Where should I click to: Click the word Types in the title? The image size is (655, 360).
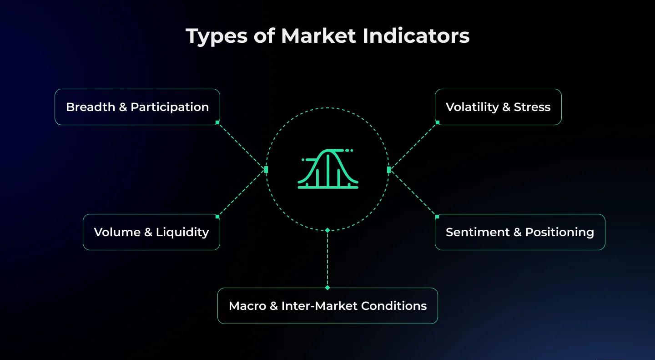click(217, 36)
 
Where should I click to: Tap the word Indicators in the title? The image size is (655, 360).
click(416, 36)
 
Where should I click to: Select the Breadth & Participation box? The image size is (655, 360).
click(137, 107)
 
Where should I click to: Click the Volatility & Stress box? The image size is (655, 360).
click(498, 107)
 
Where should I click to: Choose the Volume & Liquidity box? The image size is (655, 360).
click(151, 232)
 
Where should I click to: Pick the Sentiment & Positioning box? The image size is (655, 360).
click(520, 232)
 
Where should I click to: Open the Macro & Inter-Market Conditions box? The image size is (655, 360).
click(327, 306)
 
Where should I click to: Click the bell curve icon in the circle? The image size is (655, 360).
click(328, 169)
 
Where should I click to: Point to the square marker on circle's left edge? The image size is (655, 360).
click(266, 169)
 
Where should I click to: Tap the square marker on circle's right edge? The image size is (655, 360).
click(389, 169)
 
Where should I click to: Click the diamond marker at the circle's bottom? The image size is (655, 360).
click(327, 230)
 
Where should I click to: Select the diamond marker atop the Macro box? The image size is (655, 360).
click(327, 288)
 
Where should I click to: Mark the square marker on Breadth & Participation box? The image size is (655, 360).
click(217, 122)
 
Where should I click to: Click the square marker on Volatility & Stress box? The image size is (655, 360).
click(438, 122)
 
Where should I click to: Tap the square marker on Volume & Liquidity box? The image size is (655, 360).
click(217, 217)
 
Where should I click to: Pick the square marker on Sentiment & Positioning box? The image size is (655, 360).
click(437, 217)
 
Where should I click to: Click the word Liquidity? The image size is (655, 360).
click(182, 233)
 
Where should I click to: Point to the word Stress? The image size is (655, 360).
click(532, 107)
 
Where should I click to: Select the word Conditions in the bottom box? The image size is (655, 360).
click(394, 306)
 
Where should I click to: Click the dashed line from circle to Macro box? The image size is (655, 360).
click(327, 259)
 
